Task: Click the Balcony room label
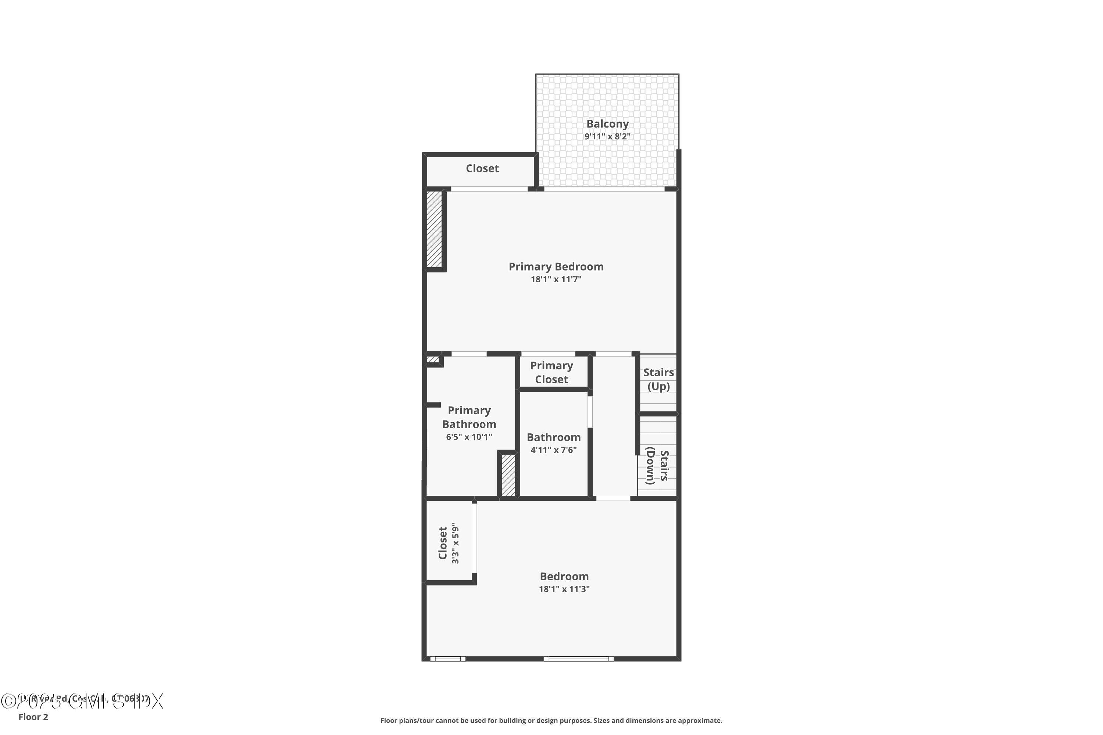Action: pyautogui.click(x=607, y=124)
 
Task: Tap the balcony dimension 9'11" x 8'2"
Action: pyautogui.click(x=607, y=136)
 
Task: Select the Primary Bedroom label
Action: pyautogui.click(x=556, y=267)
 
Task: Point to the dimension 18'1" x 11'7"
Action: pyautogui.click(x=556, y=279)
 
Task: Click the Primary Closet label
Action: pyautogui.click(x=551, y=373)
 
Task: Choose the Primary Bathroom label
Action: pyautogui.click(x=469, y=417)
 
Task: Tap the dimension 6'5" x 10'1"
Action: pyautogui.click(x=469, y=437)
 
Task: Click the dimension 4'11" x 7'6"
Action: pyautogui.click(x=553, y=450)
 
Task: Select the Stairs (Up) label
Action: pyautogui.click(x=658, y=379)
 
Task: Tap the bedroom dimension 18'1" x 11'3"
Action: pyautogui.click(x=564, y=589)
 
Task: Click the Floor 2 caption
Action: pyautogui.click(x=33, y=717)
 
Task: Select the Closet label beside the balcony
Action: pyautogui.click(x=482, y=168)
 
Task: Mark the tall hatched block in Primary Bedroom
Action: pyautogui.click(x=434, y=229)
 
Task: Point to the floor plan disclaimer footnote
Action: pyautogui.click(x=551, y=720)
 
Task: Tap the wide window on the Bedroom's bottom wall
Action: pyautogui.click(x=579, y=659)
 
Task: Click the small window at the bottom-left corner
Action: pyautogui.click(x=448, y=659)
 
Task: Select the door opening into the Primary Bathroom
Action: pyautogui.click(x=469, y=354)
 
